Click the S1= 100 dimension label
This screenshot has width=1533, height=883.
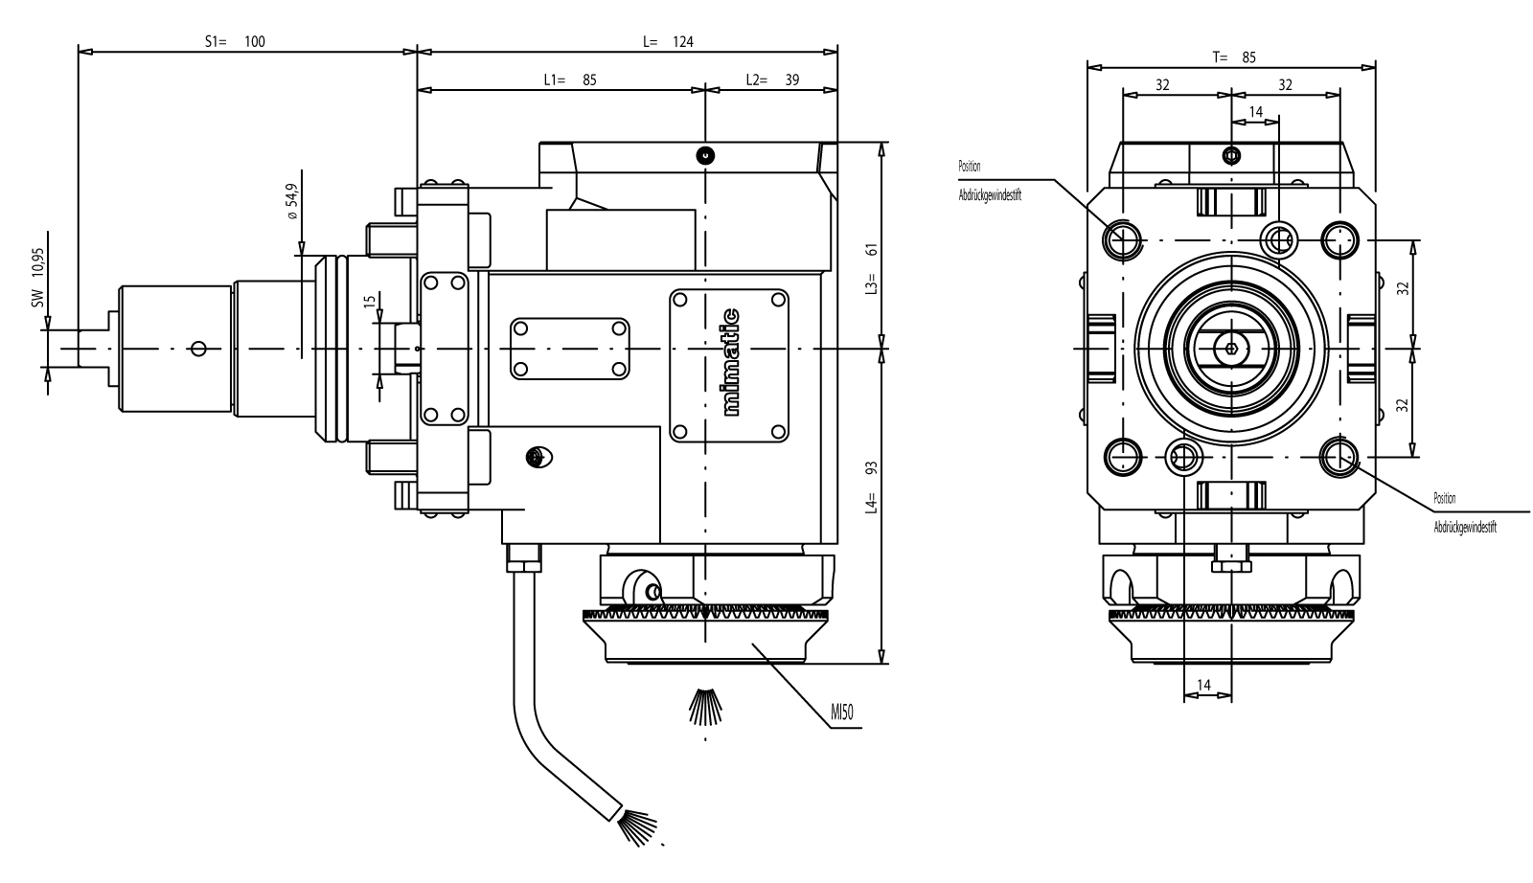235,41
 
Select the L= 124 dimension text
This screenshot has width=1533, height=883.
667,41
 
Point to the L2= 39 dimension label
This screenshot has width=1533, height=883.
772,79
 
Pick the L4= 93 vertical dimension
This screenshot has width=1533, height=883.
871,488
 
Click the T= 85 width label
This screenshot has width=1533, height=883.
1233,57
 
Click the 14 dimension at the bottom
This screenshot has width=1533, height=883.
1205,685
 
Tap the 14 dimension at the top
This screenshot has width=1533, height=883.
1256,112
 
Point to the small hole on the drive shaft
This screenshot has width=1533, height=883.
198,348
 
